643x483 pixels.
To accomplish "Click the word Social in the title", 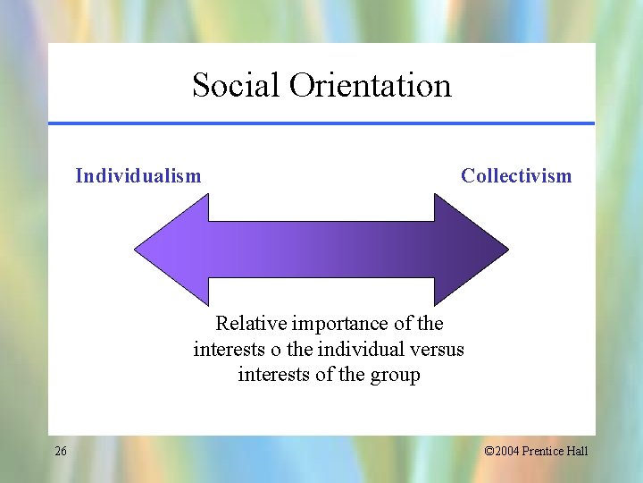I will point(235,86).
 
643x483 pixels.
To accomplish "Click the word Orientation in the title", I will point(370,86).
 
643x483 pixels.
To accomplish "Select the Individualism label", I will point(138,175).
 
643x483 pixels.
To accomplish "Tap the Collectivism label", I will point(516,175).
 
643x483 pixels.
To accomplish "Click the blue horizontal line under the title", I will point(321,123).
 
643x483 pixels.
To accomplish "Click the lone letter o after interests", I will point(276,349).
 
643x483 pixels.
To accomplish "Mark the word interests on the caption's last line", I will point(274,375).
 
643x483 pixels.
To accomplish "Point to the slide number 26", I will point(60,451).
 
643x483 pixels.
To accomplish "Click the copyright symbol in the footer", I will point(489,451).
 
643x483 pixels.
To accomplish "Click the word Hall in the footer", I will point(577,451).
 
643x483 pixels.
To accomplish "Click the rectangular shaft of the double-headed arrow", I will point(321,249).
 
